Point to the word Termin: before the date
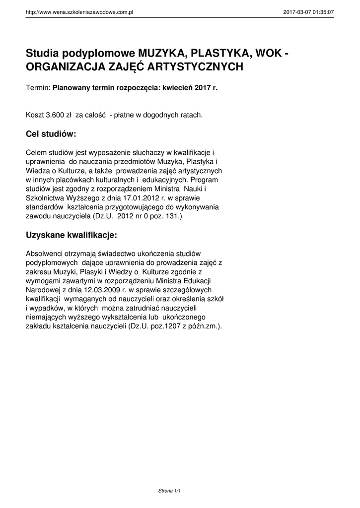tap(38, 87)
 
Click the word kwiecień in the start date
tap(176, 87)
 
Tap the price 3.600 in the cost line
tap(55, 115)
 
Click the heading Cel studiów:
tap(51, 134)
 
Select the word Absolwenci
tap(43, 254)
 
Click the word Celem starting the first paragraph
tap(37, 153)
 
